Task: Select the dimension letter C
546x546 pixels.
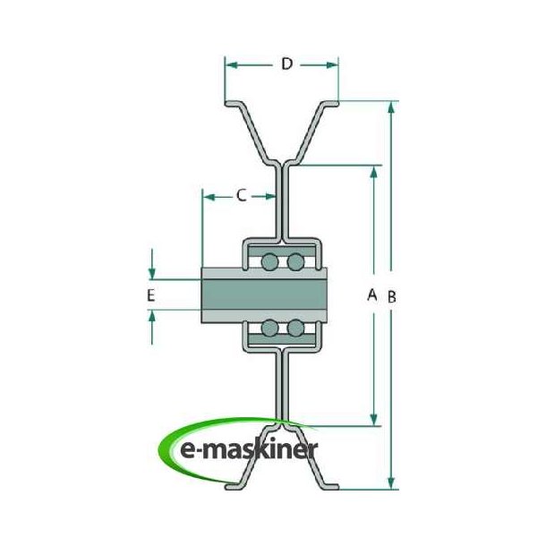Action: pos(241,194)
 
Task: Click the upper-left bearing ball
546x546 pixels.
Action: pos(269,261)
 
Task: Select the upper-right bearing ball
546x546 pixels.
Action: pos(294,261)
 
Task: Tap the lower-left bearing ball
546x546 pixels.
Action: pos(269,329)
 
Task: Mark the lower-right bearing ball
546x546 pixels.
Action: pos(294,329)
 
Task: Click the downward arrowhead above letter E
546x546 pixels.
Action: pos(152,273)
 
